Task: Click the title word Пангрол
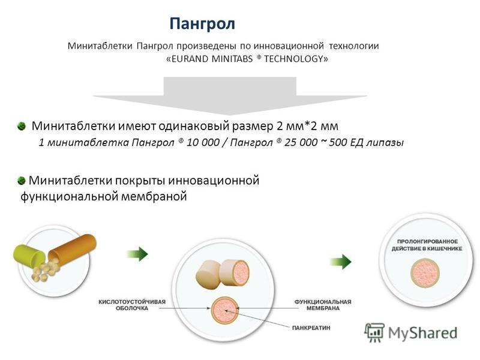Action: point(202,23)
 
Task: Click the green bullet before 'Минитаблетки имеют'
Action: point(22,126)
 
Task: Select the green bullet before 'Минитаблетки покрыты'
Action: point(22,180)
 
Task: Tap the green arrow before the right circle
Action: point(340,261)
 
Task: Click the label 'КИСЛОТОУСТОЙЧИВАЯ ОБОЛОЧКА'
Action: point(132,305)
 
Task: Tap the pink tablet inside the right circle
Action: point(425,274)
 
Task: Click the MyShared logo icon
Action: point(374,331)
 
